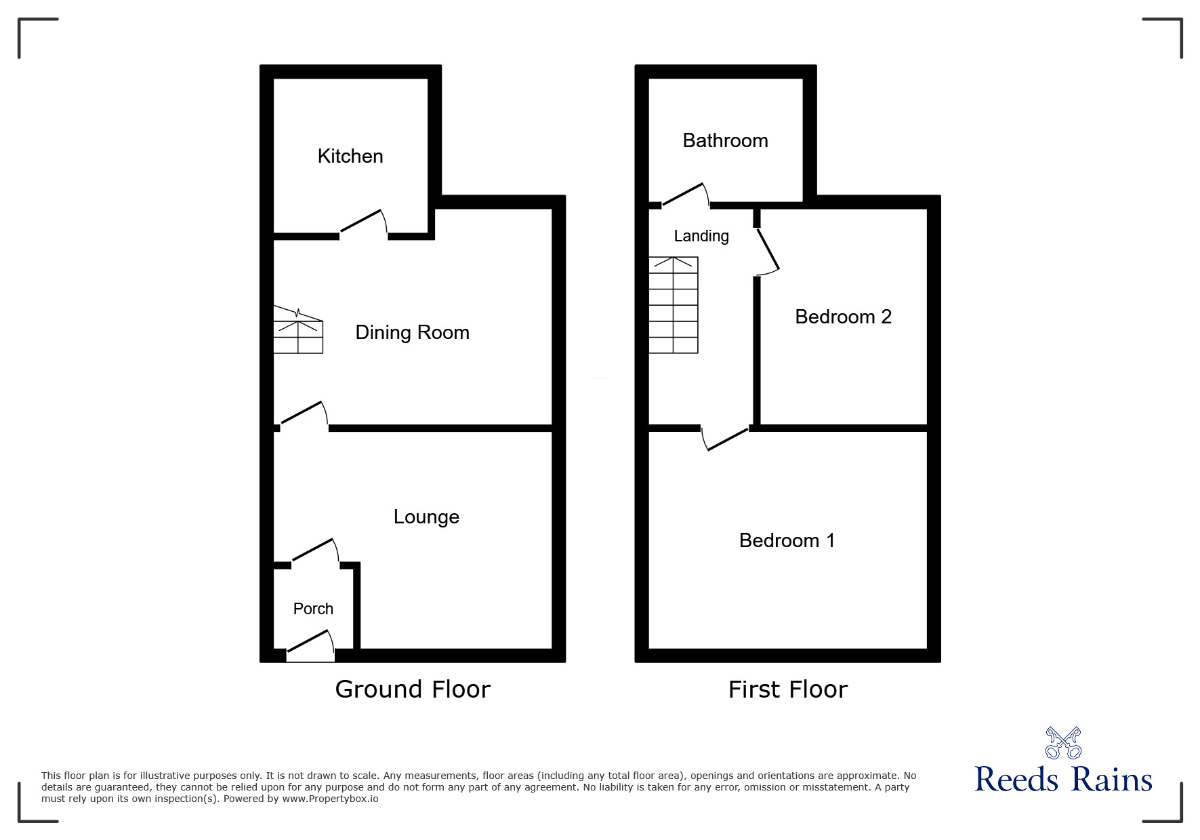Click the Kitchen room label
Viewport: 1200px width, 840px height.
[x=350, y=156]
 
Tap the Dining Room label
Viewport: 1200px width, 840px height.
[x=412, y=332]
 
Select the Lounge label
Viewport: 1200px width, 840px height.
[x=426, y=517]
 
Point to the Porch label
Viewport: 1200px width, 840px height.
[x=313, y=609]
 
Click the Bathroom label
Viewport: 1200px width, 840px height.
[x=725, y=140]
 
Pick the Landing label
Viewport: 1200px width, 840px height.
[x=701, y=236]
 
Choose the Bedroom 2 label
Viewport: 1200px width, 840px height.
[x=843, y=317]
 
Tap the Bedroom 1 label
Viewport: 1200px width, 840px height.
[x=787, y=540]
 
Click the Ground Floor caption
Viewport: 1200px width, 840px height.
[x=412, y=689]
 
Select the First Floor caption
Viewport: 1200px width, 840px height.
[x=787, y=689]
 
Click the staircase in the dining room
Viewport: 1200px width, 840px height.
[x=298, y=330]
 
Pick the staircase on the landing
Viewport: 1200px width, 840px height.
[x=674, y=305]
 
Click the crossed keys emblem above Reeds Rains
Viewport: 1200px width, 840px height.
[x=1063, y=742]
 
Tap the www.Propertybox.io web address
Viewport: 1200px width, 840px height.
[x=331, y=799]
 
